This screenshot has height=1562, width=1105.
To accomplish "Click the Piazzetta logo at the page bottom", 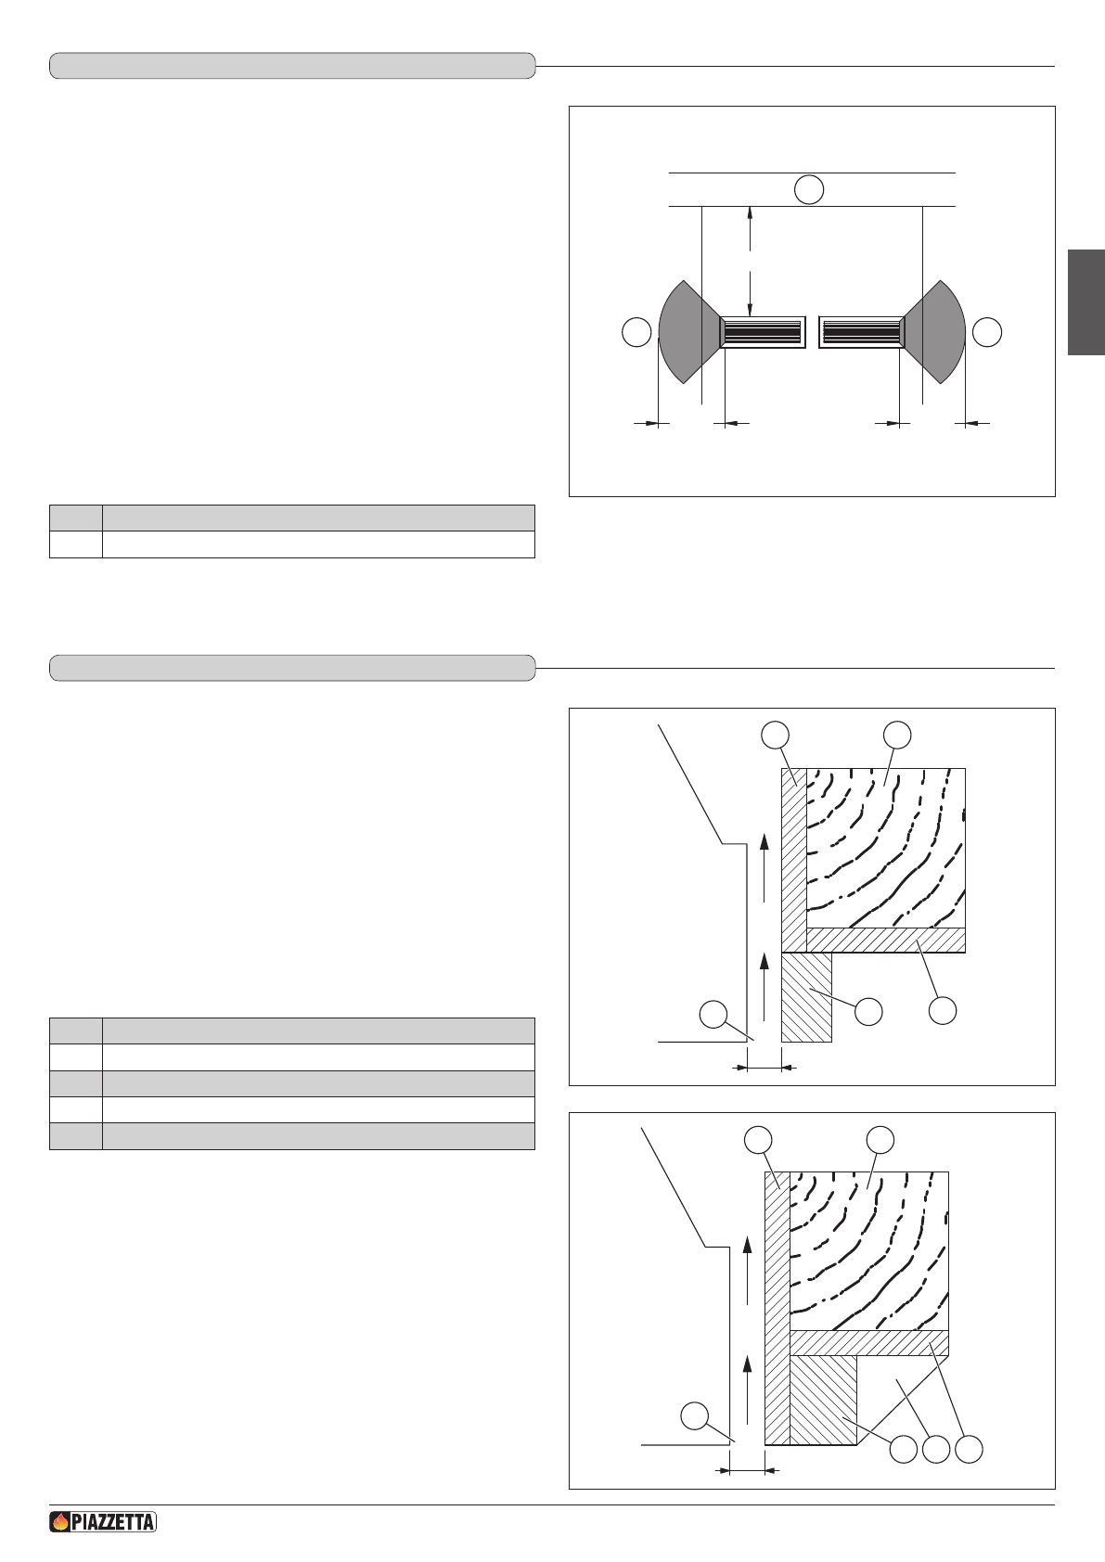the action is click(103, 1521).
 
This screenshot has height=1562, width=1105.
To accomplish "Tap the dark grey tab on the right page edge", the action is click(1086, 302).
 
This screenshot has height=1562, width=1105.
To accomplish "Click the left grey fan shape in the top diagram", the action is click(687, 332).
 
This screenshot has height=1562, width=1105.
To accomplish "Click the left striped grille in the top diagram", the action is click(763, 332).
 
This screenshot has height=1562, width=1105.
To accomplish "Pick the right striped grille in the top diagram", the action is click(862, 332).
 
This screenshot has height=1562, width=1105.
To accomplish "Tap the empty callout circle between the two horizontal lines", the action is click(809, 189).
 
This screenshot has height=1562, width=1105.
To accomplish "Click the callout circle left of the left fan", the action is click(636, 332).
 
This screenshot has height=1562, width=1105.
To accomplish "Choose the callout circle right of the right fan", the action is click(987, 332).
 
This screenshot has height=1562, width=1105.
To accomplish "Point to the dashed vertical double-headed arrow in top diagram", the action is click(750, 261).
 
